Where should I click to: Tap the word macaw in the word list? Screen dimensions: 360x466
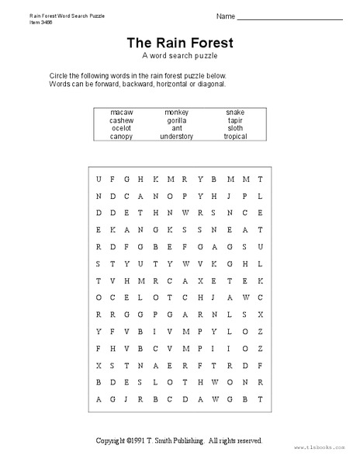coord(122,113)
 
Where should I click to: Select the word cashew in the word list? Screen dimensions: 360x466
coord(122,120)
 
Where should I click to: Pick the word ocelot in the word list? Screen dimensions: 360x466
coord(122,128)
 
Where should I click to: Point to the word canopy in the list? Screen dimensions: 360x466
coord(122,137)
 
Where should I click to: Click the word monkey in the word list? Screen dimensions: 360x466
coord(177,113)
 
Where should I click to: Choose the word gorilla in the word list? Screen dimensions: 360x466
coord(177,120)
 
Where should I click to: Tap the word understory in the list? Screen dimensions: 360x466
coord(177,137)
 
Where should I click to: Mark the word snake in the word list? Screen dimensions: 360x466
coord(235,113)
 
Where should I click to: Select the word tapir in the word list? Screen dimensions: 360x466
coord(235,120)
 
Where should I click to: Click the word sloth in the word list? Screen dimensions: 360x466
coord(235,128)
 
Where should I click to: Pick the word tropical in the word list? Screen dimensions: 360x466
coord(235,137)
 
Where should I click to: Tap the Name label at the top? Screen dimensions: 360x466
coord(225,16)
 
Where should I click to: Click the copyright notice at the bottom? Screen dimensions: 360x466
coord(179,440)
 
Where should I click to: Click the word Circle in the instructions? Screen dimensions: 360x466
coord(59,75)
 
